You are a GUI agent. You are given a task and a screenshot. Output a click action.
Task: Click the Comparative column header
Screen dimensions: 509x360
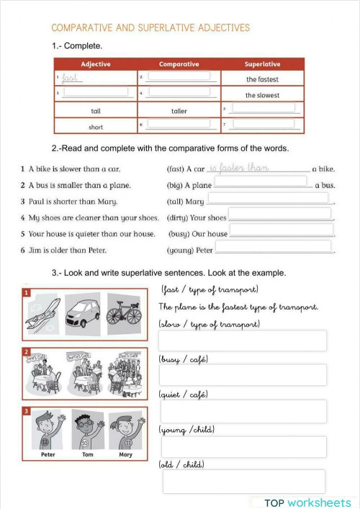point(179,64)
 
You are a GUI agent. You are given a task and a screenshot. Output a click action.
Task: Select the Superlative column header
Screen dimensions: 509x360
point(262,64)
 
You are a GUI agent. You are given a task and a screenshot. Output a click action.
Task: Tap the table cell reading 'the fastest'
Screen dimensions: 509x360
point(262,79)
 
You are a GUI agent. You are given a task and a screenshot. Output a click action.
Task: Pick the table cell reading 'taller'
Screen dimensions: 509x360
point(179,111)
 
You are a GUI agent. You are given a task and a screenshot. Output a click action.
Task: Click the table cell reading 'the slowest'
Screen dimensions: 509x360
point(262,95)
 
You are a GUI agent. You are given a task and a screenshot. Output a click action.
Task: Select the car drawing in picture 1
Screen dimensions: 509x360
point(84,310)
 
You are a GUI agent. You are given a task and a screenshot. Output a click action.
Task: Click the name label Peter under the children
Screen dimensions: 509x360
point(48,454)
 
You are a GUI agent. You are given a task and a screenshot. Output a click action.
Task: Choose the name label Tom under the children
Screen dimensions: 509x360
point(87,454)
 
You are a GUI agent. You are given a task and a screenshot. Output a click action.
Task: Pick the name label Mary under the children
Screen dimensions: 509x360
point(125,454)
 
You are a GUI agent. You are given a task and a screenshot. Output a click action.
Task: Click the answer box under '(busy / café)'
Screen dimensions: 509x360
point(243,375)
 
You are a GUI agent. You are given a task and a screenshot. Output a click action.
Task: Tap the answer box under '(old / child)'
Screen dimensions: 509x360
point(243,482)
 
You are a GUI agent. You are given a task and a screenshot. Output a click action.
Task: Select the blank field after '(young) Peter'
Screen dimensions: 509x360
point(274,248)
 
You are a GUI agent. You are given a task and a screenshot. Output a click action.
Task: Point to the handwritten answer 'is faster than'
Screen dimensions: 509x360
point(238,168)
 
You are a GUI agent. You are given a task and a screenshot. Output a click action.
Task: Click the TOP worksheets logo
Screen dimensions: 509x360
point(307,503)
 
